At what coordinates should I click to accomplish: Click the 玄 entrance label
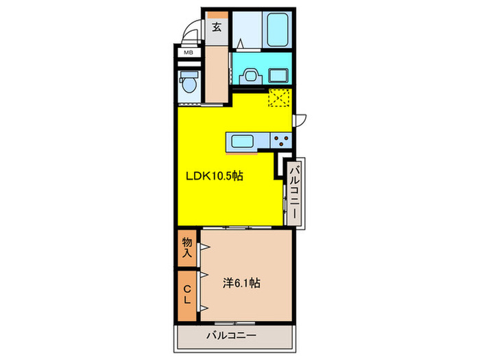216,27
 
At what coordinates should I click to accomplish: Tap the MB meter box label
187,52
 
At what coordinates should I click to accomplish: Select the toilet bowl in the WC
188,84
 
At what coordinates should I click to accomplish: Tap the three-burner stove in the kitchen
281,141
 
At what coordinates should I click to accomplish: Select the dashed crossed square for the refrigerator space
279,99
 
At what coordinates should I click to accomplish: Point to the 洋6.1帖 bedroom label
241,282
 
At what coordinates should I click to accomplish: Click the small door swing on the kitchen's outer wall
300,119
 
